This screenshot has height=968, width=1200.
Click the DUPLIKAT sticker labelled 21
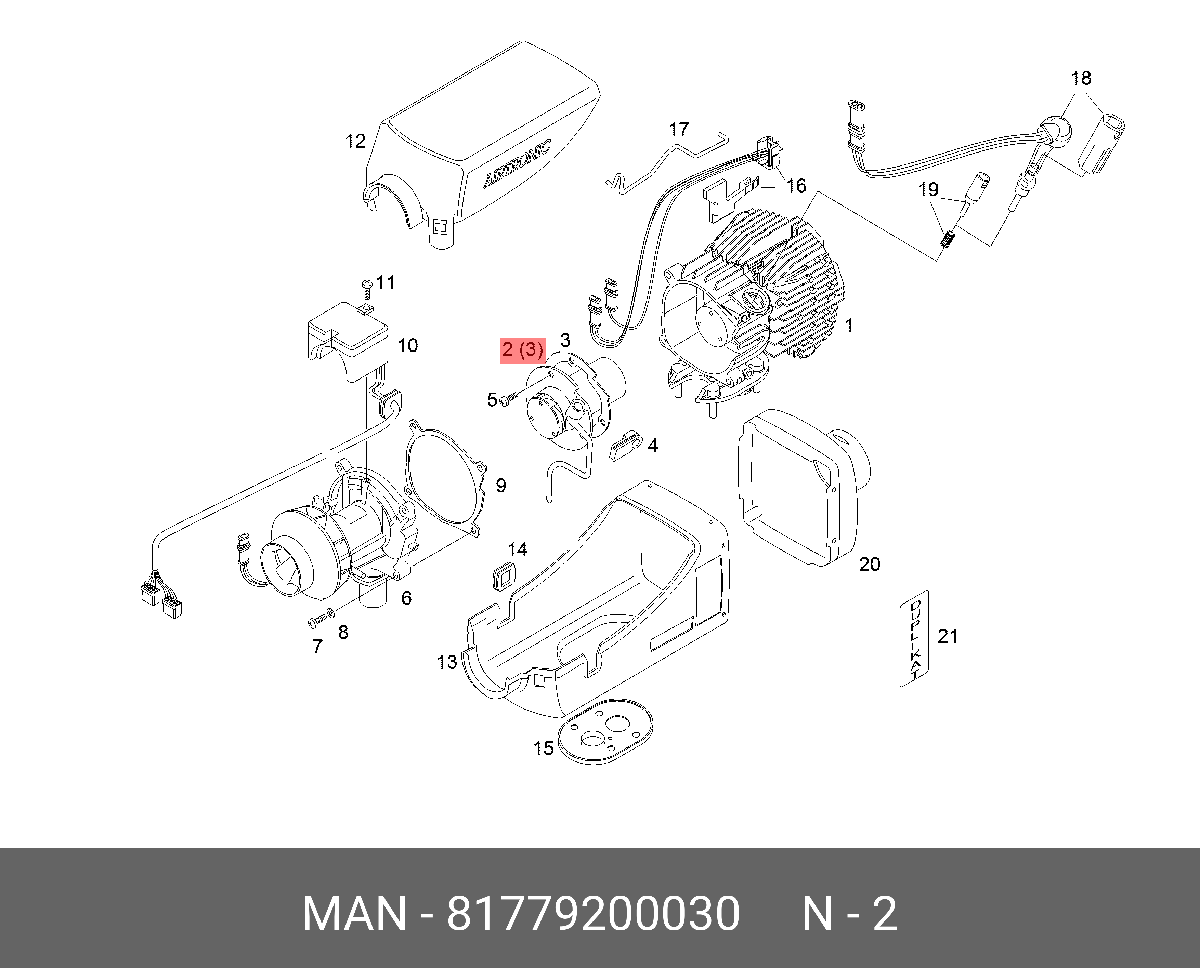pyautogui.click(x=915, y=638)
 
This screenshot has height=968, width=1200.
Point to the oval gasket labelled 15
pyautogui.click(x=605, y=732)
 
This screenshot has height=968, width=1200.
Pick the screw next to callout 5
pyautogui.click(x=508, y=398)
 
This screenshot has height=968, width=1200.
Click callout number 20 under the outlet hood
pyautogui.click(x=869, y=564)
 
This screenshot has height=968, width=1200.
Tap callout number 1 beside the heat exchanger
pyautogui.click(x=849, y=325)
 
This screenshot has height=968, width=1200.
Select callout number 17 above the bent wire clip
pyautogui.click(x=678, y=129)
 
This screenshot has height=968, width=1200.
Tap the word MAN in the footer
pyautogui.click(x=354, y=914)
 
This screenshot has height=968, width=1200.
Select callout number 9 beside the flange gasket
pyautogui.click(x=501, y=486)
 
